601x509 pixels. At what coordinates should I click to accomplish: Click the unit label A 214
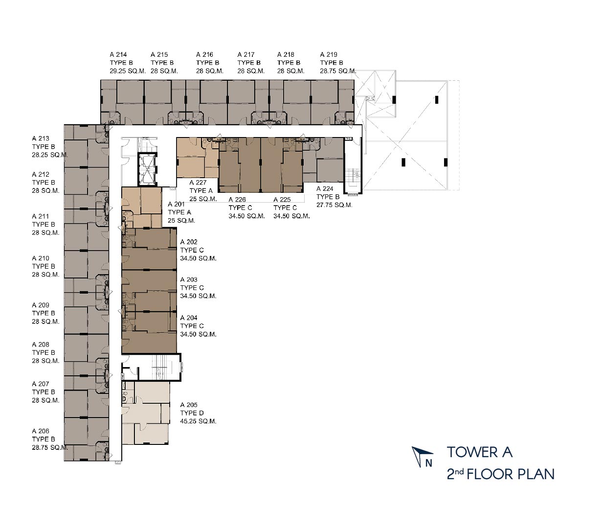[x=118, y=54]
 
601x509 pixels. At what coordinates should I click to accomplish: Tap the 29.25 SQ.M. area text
[x=128, y=71]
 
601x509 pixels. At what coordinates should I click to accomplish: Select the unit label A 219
[x=329, y=54]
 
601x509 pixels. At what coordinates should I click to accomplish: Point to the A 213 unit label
[x=41, y=138]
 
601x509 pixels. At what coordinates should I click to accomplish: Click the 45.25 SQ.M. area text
[x=199, y=421]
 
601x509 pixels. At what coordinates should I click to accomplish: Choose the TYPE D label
[x=192, y=413]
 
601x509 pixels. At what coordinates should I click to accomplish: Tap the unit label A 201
[x=176, y=204]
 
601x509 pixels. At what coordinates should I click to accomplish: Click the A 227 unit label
[x=198, y=183]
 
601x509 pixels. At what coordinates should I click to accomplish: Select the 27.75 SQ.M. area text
[x=334, y=205]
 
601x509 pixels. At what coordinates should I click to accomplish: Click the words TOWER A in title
[x=479, y=452]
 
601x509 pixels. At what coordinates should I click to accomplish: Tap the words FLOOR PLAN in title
[x=511, y=474]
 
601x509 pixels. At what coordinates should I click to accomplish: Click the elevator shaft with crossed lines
[x=147, y=169]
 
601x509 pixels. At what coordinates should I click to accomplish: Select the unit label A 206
[x=41, y=431]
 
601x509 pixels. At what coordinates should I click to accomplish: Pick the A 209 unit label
[x=41, y=305]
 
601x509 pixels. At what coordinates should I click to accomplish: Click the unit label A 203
[x=189, y=279]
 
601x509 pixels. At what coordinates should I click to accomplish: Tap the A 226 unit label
[x=237, y=199]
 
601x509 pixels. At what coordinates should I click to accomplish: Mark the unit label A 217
[x=246, y=54]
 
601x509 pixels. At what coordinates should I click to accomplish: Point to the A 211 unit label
[x=41, y=216]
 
